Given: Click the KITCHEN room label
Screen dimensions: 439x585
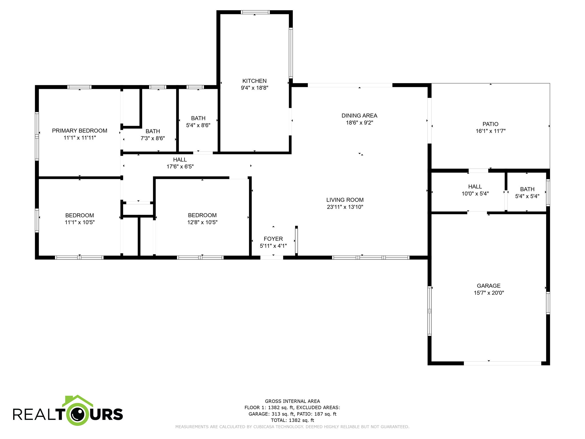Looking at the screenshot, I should tap(254, 81).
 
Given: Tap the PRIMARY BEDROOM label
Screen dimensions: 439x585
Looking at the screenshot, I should tap(79, 131).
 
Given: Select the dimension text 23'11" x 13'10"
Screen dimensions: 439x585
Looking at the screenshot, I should tap(345, 207).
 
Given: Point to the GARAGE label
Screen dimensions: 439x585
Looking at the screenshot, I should tap(488, 286).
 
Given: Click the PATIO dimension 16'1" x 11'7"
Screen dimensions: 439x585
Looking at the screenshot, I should tap(490, 131).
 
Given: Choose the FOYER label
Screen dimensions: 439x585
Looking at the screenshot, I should tap(273, 239).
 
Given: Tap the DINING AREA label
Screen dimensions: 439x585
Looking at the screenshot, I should tap(359, 115).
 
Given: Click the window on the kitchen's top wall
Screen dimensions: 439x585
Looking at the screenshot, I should tap(255, 12).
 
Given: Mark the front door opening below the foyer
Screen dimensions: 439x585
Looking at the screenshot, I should tap(271, 258).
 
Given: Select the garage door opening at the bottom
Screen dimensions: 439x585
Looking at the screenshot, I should tap(502, 363).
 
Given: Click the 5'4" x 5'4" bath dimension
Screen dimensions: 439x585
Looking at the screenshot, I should tap(527, 196).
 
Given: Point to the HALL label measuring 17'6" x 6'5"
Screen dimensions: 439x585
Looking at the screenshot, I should tap(180, 159).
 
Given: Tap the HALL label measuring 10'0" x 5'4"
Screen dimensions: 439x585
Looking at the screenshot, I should tap(475, 186).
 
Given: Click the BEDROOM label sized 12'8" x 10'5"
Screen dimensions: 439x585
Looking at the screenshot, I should tap(202, 215).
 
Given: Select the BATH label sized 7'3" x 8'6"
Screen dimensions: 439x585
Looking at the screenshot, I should tap(153, 131).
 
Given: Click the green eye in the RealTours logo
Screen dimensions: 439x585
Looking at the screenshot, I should tap(78, 414).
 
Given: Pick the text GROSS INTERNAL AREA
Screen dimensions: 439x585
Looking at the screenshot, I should tap(292, 401).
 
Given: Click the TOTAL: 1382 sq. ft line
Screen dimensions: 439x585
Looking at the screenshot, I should tap(292, 420).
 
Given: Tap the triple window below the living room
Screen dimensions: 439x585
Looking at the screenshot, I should tap(370, 258).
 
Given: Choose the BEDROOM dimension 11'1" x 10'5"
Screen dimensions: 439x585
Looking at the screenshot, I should tap(79, 222).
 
